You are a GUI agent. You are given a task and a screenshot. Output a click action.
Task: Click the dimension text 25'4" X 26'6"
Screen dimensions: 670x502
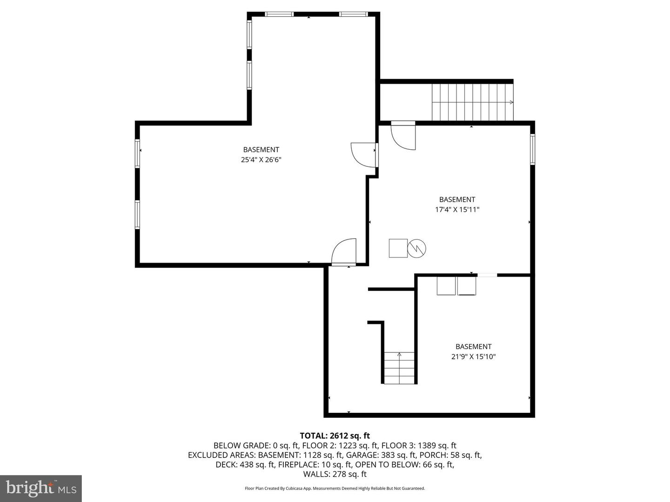pos(261,160)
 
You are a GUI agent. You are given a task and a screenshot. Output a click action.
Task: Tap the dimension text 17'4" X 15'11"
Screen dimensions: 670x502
pos(457,210)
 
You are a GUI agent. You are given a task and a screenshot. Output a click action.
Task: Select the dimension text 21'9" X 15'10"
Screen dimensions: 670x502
pos(474,357)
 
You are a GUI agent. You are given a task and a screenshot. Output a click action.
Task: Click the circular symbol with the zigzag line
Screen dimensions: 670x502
pos(416,248)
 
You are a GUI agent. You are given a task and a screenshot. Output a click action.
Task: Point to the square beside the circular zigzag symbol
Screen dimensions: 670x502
pos(398,248)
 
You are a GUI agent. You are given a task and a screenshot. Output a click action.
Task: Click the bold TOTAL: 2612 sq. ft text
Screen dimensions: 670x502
pos(335,436)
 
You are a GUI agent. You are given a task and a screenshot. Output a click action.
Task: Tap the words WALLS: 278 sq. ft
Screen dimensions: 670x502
pos(335,474)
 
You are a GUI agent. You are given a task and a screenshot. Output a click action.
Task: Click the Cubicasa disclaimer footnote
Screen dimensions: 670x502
pos(335,488)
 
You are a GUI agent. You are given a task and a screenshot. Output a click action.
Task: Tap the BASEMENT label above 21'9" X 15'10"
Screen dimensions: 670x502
pos(474,347)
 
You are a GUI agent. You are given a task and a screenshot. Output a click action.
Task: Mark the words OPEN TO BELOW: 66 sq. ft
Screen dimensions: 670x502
pos(405,464)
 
